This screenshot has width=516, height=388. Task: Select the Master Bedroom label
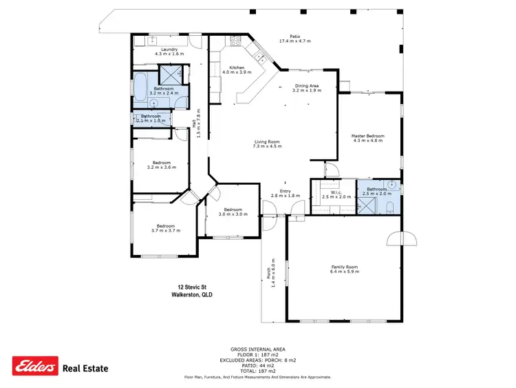[x=367, y=136]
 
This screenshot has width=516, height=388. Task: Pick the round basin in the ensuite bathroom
[x=392, y=185]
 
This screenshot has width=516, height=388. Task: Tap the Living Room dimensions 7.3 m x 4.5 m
[x=268, y=147]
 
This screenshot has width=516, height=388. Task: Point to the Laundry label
[x=169, y=50]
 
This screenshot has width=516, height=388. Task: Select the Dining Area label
[x=307, y=85]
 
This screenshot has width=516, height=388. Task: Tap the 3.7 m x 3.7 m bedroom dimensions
[x=165, y=231]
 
